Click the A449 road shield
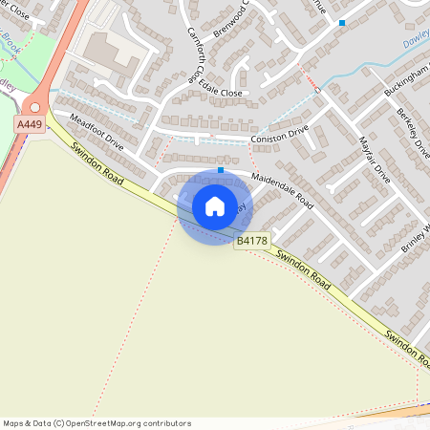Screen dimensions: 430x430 pos(28,124)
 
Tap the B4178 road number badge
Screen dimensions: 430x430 pos(250,243)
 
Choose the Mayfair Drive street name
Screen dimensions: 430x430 pos(374,159)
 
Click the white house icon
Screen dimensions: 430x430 pos(215,206)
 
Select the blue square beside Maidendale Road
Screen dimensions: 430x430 pos(221,170)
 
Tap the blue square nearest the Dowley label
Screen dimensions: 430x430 pos(342,22)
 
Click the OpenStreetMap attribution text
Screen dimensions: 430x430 pos(97,423)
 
